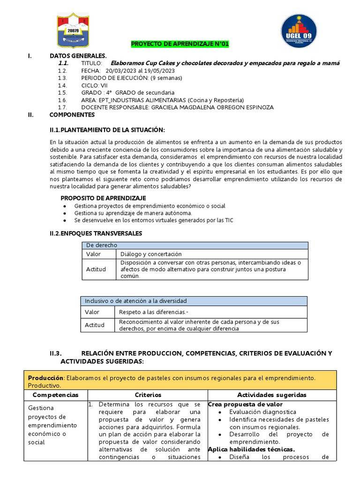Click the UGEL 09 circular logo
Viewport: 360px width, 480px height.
[298, 31]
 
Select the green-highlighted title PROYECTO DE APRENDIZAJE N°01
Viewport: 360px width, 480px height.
[180, 45]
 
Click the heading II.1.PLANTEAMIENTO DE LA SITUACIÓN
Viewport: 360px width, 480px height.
[107, 130]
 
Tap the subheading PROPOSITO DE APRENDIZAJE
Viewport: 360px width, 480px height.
[103, 198]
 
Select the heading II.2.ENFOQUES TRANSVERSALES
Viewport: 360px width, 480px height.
[96, 233]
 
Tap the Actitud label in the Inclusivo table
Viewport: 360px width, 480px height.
[95, 325]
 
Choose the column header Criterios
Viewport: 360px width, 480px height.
[148, 395]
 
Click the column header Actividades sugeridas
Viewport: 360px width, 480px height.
[271, 395]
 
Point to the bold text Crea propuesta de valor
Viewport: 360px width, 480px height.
[245, 404]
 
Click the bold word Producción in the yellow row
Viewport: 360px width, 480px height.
[45, 378]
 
